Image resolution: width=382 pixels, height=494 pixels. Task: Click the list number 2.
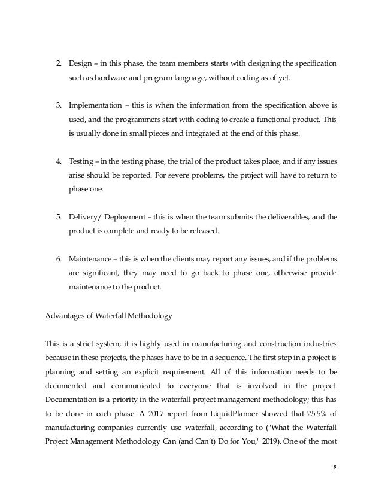(x=59, y=63)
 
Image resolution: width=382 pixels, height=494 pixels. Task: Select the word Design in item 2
(x=80, y=63)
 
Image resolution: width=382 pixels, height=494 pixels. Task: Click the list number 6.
(x=59, y=260)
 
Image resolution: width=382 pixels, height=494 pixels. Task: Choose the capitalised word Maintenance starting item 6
(x=93, y=260)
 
